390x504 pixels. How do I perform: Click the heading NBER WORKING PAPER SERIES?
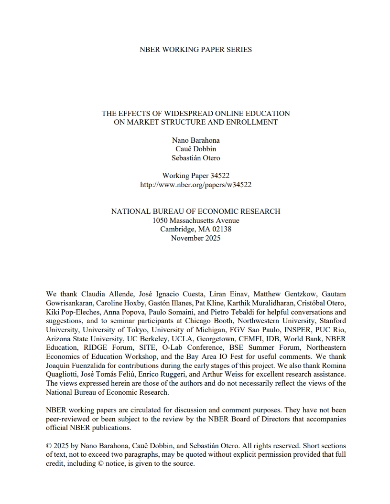(x=195, y=50)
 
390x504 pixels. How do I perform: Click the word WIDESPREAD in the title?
(x=185, y=114)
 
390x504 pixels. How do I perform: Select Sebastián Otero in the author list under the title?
(x=195, y=158)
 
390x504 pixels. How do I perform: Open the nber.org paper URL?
(x=195, y=185)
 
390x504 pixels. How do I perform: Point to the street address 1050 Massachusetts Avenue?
(x=195, y=220)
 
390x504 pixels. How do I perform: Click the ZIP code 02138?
(x=221, y=229)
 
